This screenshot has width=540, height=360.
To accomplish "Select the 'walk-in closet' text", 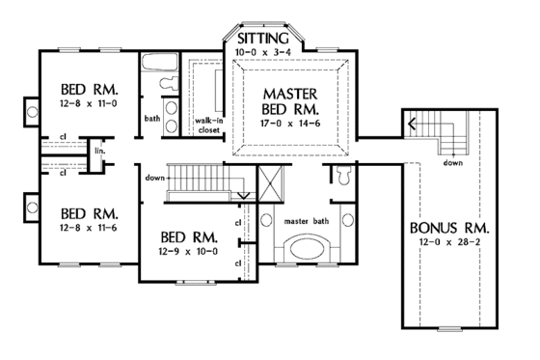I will [x=210, y=125].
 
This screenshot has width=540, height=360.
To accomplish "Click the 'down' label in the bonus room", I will [x=451, y=163].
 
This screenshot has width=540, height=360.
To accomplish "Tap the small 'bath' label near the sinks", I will [x=152, y=119].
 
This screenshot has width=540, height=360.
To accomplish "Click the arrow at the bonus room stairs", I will [x=413, y=124].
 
